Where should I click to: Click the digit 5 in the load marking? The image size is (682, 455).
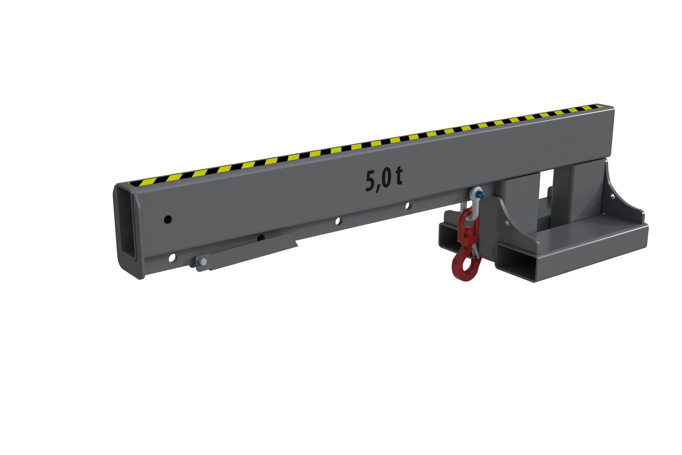372,182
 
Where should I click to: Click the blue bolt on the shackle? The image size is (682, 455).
481,195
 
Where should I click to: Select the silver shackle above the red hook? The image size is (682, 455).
474,198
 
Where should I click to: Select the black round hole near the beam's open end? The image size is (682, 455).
167,219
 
